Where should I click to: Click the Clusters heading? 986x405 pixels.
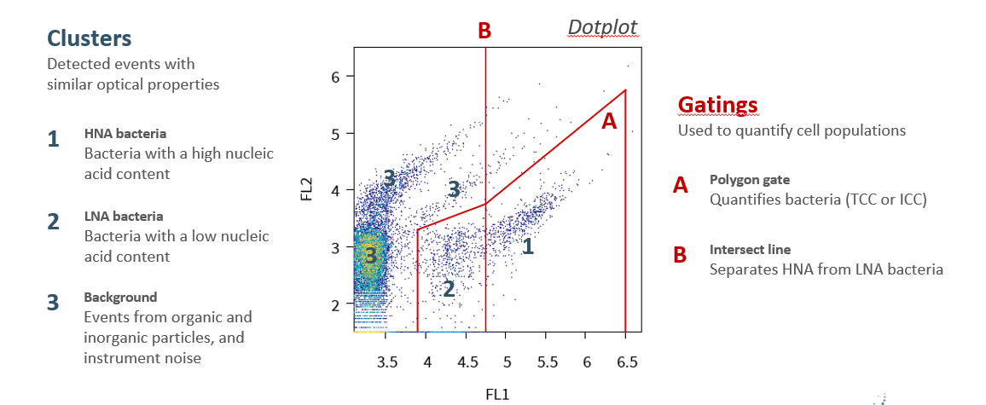click(x=90, y=38)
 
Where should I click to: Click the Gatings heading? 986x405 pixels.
click(x=717, y=105)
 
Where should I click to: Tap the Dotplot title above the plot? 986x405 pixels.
click(x=602, y=28)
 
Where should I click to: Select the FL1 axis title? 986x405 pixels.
click(x=496, y=394)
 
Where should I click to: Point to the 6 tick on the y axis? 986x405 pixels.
click(x=335, y=77)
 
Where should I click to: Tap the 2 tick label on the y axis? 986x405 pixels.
click(x=335, y=304)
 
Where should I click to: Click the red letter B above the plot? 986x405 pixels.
click(x=484, y=32)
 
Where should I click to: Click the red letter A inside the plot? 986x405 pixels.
click(x=609, y=121)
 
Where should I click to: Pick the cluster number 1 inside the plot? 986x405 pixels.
click(x=528, y=247)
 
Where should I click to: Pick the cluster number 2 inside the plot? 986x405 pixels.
click(x=449, y=289)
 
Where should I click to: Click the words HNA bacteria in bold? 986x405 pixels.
click(x=125, y=134)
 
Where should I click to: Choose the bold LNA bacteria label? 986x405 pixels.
click(x=124, y=217)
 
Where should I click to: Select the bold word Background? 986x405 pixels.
click(x=120, y=298)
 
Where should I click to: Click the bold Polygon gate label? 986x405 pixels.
click(x=750, y=180)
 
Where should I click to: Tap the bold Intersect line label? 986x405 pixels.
click(x=750, y=250)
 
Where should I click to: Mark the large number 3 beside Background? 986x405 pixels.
click(x=54, y=303)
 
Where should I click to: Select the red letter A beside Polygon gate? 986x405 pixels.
click(x=681, y=185)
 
